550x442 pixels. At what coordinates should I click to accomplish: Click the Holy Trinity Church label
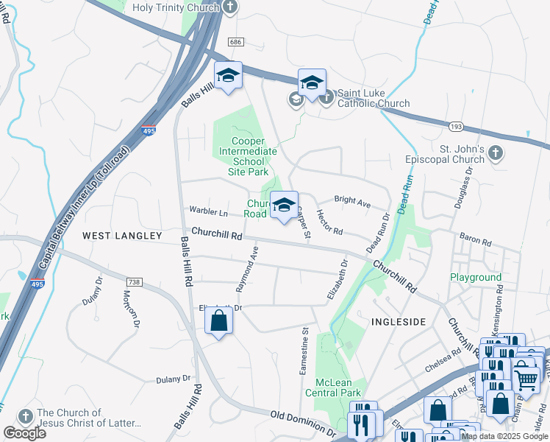point(176,7)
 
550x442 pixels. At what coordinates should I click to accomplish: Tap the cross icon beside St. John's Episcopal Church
point(496,153)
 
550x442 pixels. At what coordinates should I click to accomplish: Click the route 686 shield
point(235,43)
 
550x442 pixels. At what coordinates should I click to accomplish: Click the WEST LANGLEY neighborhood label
point(122,236)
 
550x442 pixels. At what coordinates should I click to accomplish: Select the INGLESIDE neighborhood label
point(399,322)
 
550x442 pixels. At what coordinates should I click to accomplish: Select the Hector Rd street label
point(329,221)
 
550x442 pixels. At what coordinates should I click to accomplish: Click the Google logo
point(24,433)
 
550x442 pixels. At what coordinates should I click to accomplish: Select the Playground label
point(476,278)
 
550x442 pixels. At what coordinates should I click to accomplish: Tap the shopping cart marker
point(525,379)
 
